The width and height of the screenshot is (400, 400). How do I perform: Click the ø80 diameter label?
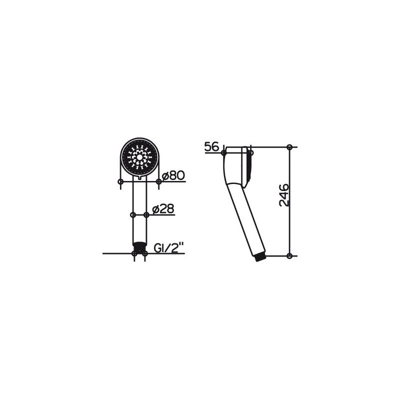point(173,176)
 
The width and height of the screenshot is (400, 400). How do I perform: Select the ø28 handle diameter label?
point(163,209)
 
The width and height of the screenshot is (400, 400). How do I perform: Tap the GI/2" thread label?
point(169,247)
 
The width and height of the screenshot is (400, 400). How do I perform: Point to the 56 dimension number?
point(211,146)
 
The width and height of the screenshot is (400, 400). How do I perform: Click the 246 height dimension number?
point(284,195)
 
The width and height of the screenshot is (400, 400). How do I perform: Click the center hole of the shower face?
point(139,157)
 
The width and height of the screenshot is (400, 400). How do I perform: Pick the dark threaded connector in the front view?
point(139,246)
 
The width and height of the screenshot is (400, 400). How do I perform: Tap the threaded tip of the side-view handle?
point(260,258)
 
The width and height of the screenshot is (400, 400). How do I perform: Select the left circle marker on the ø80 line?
point(121,181)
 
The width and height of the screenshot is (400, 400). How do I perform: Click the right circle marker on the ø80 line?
point(158,181)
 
